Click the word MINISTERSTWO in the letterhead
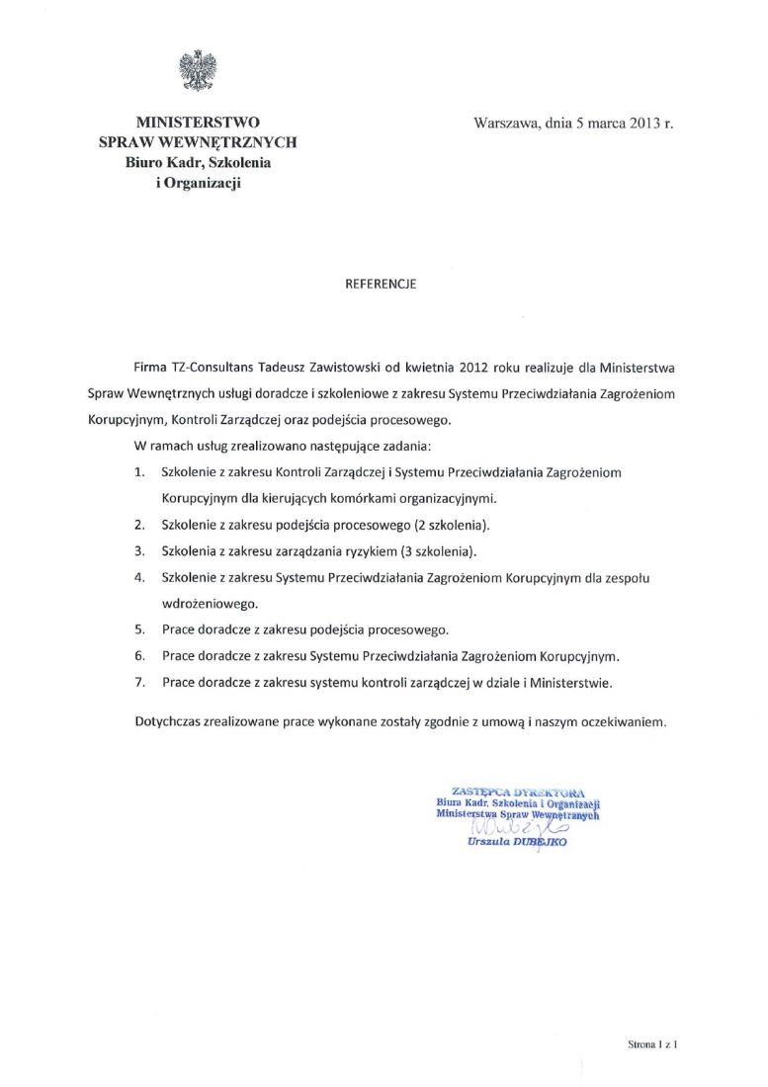[198, 123]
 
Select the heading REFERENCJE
[381, 284]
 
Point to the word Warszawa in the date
[506, 124]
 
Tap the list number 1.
[139, 472]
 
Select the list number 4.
[139, 576]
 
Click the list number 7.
[139, 681]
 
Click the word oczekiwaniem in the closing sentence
[622, 721]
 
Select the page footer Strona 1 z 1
[651, 1043]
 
